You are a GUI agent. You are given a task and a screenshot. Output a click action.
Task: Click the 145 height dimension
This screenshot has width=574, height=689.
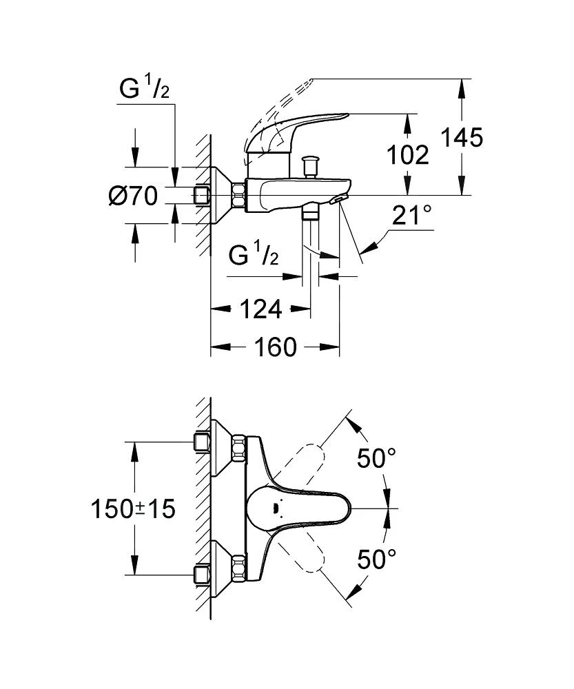tap(462, 138)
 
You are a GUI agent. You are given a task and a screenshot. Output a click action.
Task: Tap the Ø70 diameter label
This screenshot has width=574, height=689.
tap(133, 196)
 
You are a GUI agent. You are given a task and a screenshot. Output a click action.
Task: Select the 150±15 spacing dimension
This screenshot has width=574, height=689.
tap(134, 509)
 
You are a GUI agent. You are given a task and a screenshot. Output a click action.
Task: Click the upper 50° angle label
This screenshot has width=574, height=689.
tap(377, 457)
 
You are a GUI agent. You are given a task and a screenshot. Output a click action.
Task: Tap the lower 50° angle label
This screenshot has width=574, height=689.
tap(377, 558)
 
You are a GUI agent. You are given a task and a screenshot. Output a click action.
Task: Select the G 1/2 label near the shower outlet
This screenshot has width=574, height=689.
tap(253, 256)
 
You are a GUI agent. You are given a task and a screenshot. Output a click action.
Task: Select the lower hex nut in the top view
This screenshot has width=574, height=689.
tap(239, 567)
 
